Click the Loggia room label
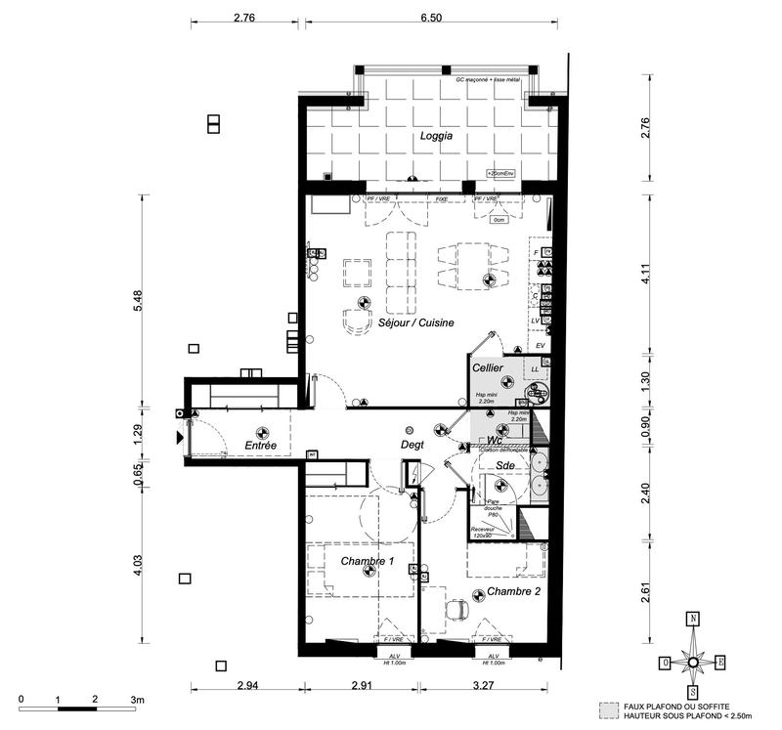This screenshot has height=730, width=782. pyautogui.click(x=436, y=137)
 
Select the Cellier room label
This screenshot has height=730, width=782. pyautogui.click(x=488, y=367)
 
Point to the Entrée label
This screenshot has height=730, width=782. pyautogui.click(x=261, y=447)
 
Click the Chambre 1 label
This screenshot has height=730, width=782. pyautogui.click(x=368, y=561)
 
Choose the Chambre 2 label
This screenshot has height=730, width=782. pyautogui.click(x=514, y=591)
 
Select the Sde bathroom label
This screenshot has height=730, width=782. pyautogui.click(x=505, y=466)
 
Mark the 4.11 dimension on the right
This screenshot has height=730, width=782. pyautogui.click(x=645, y=277)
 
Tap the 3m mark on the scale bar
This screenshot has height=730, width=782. pyautogui.click(x=138, y=700)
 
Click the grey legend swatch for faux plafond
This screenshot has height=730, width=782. pyautogui.click(x=609, y=706)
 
